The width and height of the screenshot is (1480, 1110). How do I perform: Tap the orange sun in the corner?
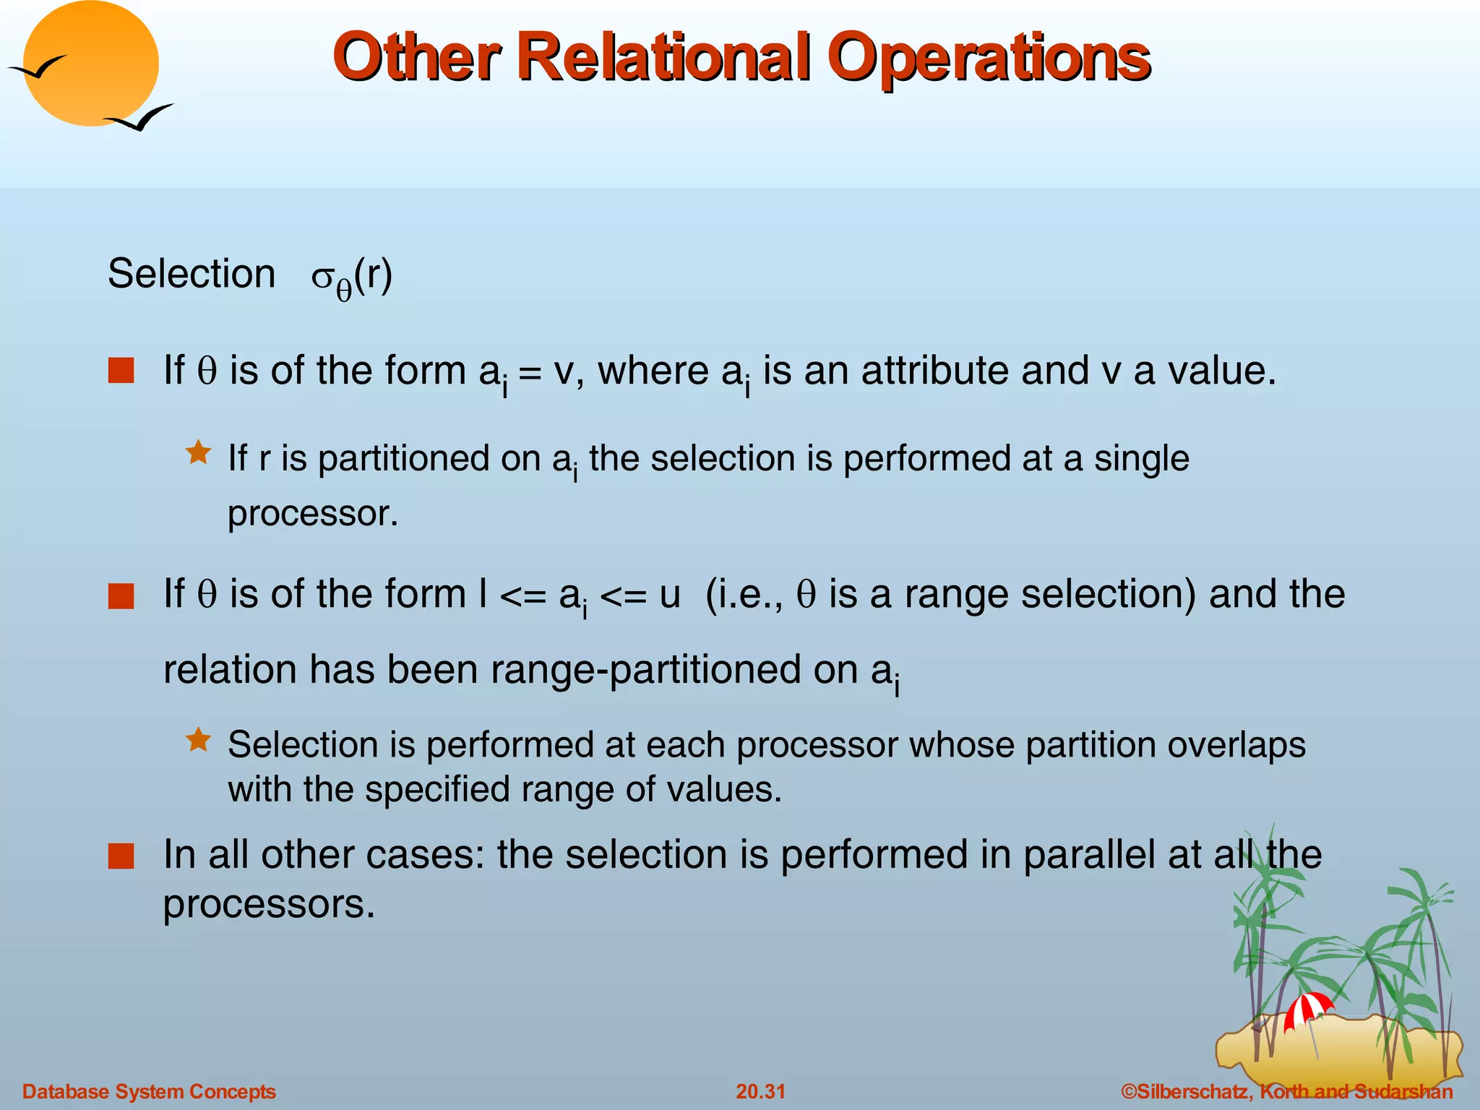90,64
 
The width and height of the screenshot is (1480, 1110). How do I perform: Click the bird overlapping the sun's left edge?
38,67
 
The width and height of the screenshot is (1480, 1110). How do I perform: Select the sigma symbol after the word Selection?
322,277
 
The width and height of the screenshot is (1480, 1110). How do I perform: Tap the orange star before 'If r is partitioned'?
198,453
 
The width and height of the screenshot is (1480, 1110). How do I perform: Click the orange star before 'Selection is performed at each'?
198,739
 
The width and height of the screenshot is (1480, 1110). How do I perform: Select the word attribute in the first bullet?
936,371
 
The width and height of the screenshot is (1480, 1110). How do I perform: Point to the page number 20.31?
760,1091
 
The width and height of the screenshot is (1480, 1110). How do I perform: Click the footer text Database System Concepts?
149,1091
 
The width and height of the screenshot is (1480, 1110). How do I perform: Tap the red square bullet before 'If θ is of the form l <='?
121,597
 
